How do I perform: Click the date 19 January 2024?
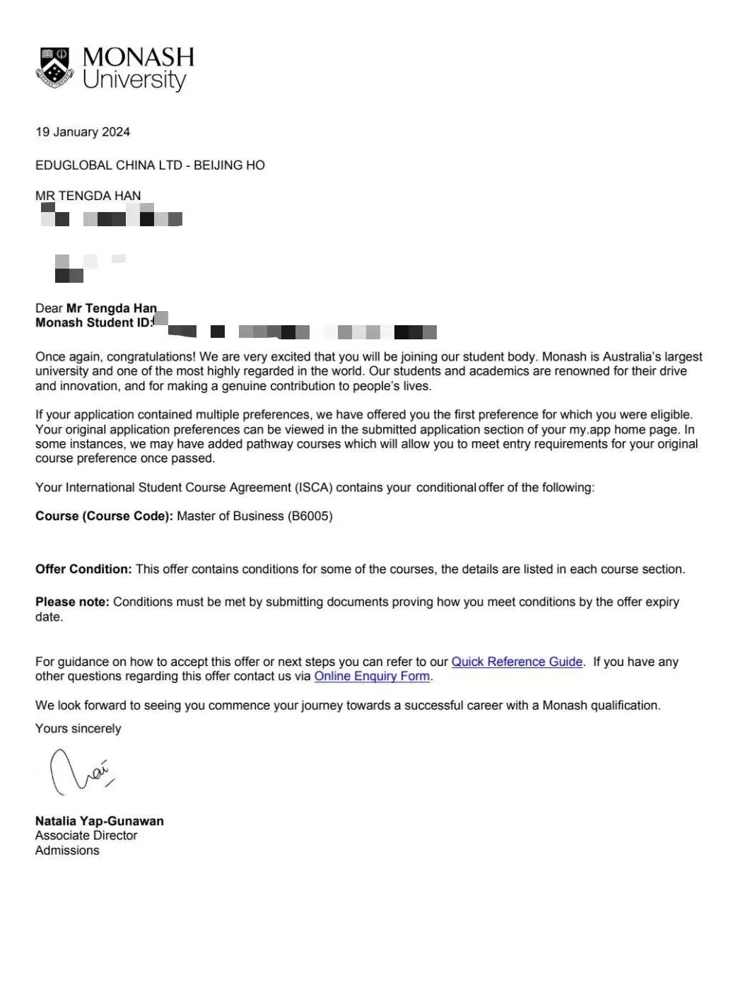(x=83, y=132)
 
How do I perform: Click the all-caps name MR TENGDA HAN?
(x=88, y=196)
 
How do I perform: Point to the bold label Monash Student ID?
(x=94, y=323)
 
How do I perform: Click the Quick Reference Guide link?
(x=517, y=662)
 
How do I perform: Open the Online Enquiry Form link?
(x=372, y=677)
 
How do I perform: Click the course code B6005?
(x=310, y=516)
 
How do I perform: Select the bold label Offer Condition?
(x=83, y=569)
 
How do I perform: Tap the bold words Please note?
(x=72, y=602)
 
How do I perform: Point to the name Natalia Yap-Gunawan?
(x=99, y=821)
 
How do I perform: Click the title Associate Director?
(x=86, y=836)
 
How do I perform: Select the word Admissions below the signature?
(x=67, y=850)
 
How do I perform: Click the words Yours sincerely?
(x=78, y=729)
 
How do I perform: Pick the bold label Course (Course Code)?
(x=104, y=516)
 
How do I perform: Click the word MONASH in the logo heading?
(x=138, y=57)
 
